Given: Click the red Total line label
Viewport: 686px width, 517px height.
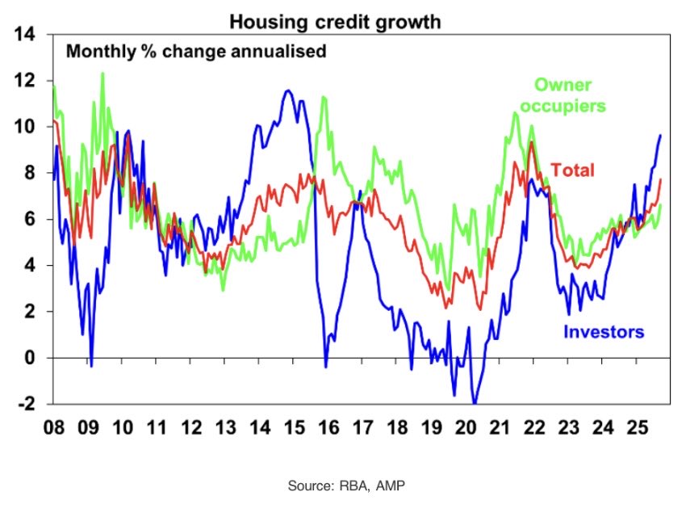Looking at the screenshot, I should [x=572, y=170].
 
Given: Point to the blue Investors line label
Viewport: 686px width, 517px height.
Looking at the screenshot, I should [x=604, y=331].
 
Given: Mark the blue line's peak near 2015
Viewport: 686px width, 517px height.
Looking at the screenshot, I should [x=287, y=90].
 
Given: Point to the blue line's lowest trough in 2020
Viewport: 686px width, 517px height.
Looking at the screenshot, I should [x=475, y=402].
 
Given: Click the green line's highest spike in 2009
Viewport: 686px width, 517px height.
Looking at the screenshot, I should [x=102, y=74].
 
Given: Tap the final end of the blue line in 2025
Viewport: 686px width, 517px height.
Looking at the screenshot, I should [x=661, y=135].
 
